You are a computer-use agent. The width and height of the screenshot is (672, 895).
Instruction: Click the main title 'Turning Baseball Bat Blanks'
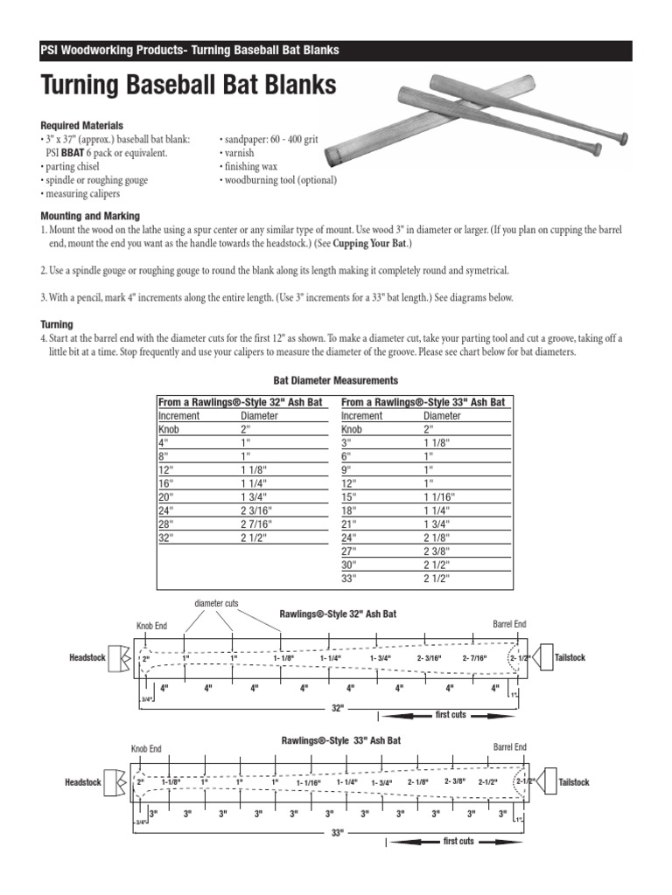click(x=188, y=87)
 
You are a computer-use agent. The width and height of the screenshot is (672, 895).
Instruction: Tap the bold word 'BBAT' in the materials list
click(x=85, y=152)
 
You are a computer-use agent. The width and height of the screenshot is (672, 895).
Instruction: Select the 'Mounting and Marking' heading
click(x=90, y=216)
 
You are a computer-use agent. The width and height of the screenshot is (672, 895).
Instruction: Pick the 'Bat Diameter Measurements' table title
click(x=336, y=380)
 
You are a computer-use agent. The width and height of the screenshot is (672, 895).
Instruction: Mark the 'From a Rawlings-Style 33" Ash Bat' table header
click(x=423, y=402)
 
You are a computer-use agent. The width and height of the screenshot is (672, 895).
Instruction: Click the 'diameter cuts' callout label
click(x=216, y=603)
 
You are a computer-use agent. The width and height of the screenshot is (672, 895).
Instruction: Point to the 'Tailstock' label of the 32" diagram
click(x=570, y=657)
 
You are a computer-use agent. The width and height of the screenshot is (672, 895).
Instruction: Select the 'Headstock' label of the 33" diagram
click(x=82, y=782)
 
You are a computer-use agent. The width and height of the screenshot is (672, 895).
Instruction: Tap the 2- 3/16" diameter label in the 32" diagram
click(x=429, y=658)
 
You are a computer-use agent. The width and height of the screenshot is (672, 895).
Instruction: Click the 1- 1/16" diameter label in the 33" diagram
click(x=309, y=783)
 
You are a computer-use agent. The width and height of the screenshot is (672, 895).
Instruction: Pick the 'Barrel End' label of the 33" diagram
click(x=509, y=747)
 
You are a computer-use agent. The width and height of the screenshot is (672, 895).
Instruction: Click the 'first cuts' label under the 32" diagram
click(x=451, y=715)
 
